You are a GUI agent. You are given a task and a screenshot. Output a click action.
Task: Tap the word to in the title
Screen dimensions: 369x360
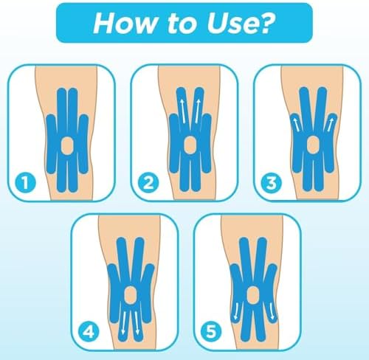(182, 24)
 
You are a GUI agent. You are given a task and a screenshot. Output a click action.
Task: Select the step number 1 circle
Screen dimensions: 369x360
(26, 183)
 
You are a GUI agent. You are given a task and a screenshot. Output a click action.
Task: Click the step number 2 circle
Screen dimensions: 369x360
(148, 183)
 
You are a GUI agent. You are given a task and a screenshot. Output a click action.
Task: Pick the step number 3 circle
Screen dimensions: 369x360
(272, 183)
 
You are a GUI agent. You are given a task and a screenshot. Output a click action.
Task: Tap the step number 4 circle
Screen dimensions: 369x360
(89, 332)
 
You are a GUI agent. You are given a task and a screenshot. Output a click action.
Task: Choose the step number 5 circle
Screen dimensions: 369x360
(211, 332)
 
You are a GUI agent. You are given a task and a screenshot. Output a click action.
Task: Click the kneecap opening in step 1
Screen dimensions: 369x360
(67, 145)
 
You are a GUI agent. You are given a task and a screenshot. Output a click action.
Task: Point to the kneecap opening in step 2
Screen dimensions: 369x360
(190, 145)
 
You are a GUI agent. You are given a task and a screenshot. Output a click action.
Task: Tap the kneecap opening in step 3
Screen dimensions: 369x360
(313, 145)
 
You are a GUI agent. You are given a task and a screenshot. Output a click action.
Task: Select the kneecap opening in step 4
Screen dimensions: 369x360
(130, 295)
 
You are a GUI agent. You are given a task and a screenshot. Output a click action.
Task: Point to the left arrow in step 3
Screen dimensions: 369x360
(297, 125)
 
